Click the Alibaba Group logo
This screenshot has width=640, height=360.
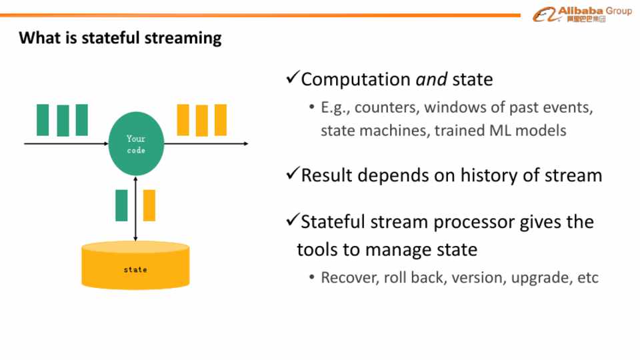[582, 14]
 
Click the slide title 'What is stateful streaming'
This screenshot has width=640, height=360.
[120, 37]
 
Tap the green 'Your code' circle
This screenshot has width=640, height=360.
[136, 144]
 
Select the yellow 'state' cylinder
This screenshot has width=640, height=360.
[135, 266]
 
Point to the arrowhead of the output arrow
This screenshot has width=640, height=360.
[246, 143]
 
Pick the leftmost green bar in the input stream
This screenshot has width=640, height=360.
[43, 120]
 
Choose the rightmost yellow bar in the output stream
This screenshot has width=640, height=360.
[221, 120]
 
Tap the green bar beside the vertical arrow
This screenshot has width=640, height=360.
[121, 205]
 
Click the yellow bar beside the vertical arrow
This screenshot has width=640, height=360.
[149, 205]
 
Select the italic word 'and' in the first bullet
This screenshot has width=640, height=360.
[431, 80]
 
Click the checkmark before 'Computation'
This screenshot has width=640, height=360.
[292, 79]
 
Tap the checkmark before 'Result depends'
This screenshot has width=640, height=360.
[292, 175]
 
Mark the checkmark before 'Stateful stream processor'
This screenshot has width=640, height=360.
[292, 221]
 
